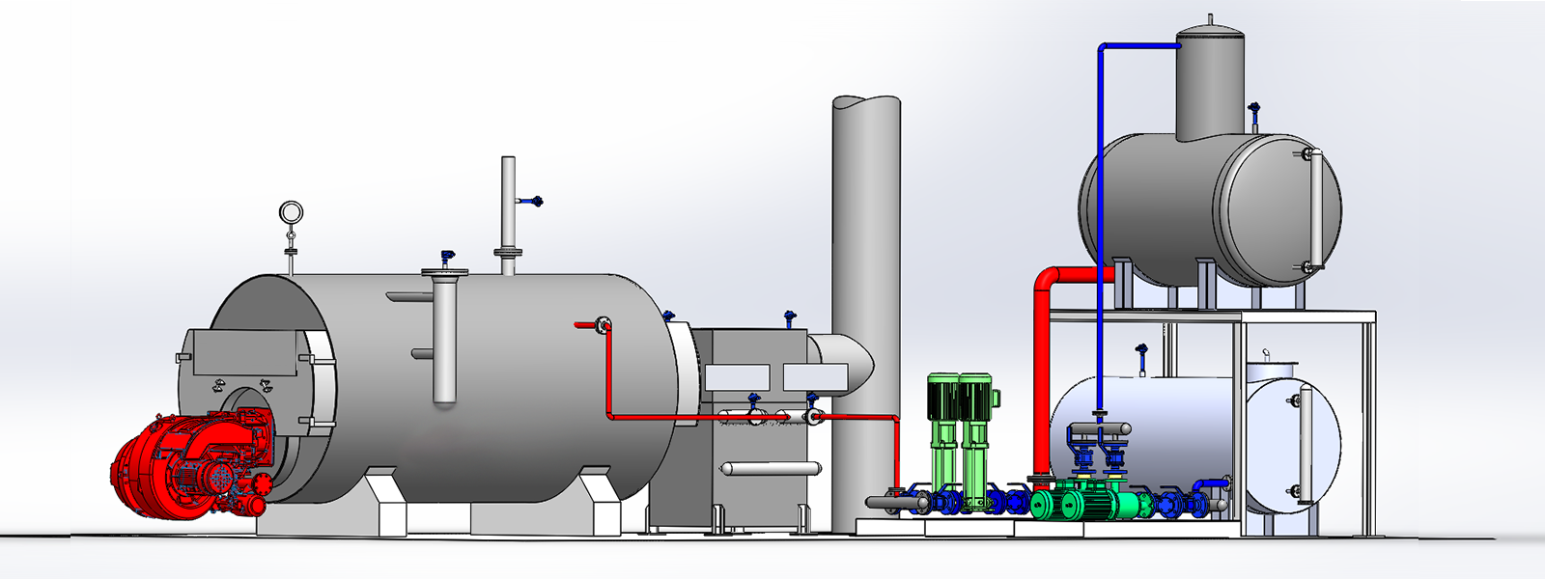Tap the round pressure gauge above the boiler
[290, 211]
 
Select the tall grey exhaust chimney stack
[865, 289]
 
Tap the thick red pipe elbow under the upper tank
[1048, 286]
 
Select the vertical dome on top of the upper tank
[1209, 87]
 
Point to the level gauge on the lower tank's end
[1304, 444]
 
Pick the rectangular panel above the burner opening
[246, 352]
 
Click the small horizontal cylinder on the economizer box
[772, 469]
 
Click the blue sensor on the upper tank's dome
[1254, 113]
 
